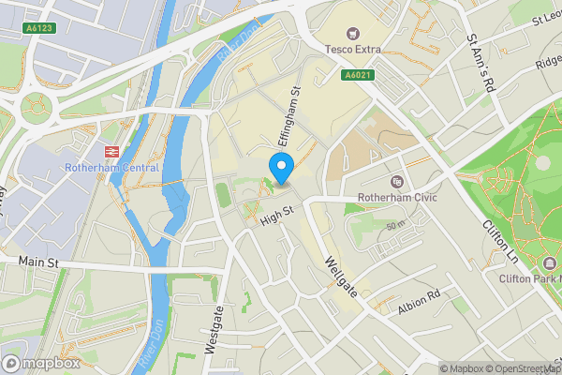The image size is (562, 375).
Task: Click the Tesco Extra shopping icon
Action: coord(353,33)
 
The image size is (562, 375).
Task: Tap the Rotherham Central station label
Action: coord(113,168)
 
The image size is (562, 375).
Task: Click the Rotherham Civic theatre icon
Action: coord(397,181)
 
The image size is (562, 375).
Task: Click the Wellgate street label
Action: coord(341,277)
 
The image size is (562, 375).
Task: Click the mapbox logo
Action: coord(42,363)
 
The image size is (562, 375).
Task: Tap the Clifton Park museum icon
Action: coord(548,263)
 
